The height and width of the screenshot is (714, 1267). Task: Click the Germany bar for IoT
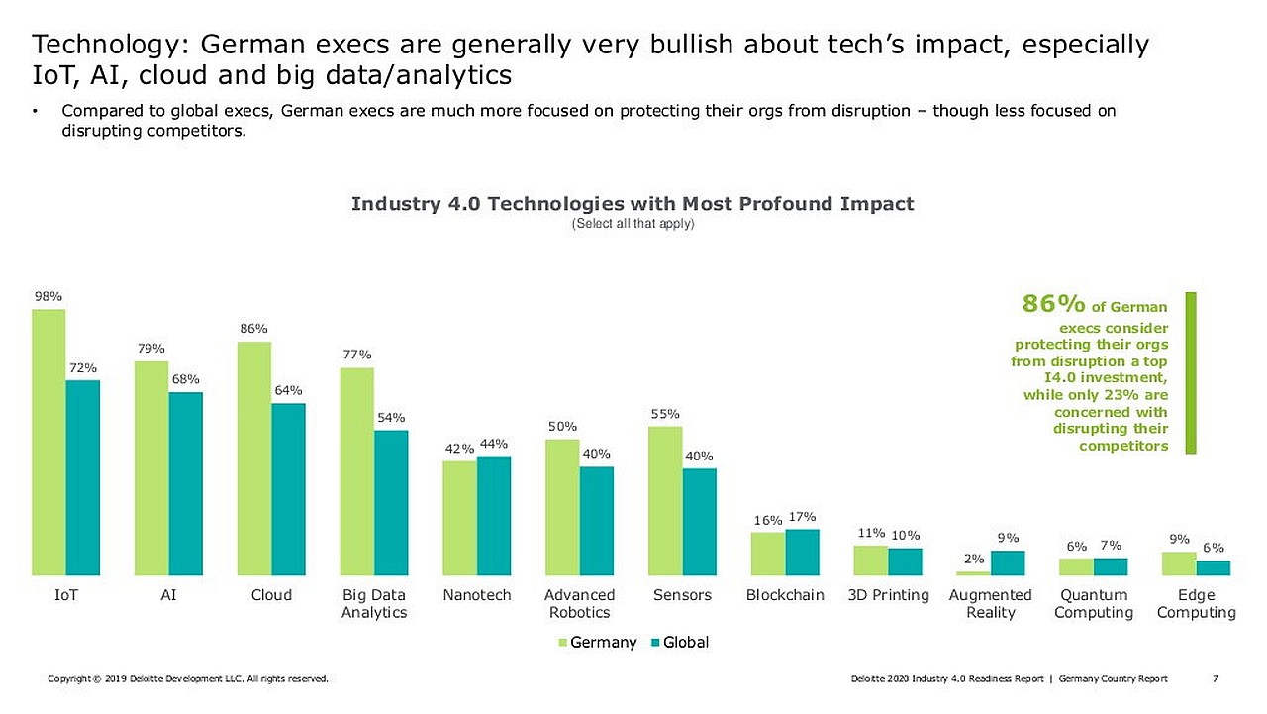point(49,443)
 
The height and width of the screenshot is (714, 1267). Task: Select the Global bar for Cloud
point(288,489)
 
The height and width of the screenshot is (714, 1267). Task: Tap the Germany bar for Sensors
point(665,501)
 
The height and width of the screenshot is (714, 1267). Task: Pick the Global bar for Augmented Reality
point(1008,562)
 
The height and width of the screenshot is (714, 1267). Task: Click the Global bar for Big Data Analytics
point(391,503)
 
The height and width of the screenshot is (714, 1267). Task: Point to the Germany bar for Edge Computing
point(1179,563)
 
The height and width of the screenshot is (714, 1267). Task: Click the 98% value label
point(49,296)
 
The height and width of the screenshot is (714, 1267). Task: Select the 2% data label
point(974,559)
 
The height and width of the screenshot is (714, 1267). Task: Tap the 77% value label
point(357,355)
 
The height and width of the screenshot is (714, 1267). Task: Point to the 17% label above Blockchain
point(802,517)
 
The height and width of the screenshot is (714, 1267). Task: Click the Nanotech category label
point(477,595)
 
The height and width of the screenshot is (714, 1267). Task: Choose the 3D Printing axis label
point(888,595)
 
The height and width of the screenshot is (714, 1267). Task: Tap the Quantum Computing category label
point(1094,604)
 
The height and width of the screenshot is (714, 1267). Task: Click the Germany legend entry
point(597,642)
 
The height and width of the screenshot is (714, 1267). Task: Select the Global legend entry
point(680,642)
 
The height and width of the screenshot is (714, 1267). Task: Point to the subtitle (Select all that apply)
point(633,224)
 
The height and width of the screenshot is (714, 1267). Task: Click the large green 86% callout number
point(1053,304)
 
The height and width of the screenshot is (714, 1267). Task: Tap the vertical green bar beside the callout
point(1191,372)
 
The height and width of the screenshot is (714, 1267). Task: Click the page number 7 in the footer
point(1215,678)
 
